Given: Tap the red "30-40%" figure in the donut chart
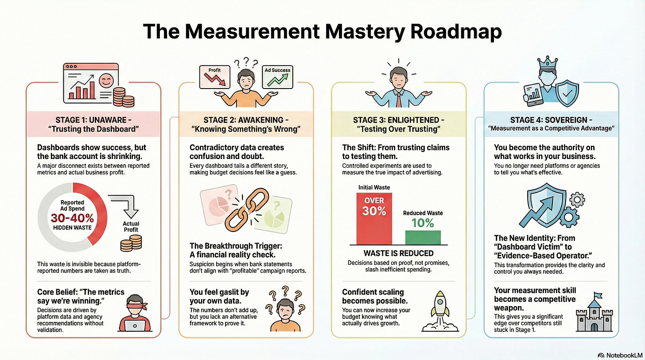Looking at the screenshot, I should [x=72, y=218].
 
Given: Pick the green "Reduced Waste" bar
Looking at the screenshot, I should [x=423, y=237].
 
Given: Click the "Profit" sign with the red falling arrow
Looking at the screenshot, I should [x=214, y=76].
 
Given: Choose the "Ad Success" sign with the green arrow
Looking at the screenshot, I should [x=278, y=76].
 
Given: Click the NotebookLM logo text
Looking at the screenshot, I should [x=620, y=355].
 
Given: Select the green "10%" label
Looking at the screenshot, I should [x=423, y=223].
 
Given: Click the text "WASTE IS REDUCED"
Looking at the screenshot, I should [x=398, y=253].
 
